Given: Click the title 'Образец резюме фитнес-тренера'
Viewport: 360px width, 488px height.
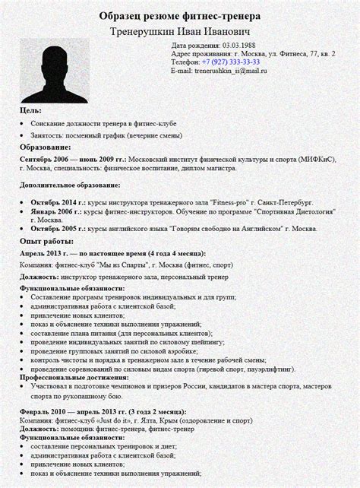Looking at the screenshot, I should [x=179, y=16].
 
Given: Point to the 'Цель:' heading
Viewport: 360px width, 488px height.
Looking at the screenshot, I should [x=31, y=111].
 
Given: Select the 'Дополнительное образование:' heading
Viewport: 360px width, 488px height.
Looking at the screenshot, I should [x=70, y=185].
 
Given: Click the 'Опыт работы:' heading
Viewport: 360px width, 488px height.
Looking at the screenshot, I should [x=46, y=239].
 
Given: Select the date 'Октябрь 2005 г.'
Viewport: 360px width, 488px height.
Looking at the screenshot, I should [x=58, y=228].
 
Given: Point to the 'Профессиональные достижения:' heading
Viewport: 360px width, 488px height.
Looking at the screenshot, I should [x=74, y=376].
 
